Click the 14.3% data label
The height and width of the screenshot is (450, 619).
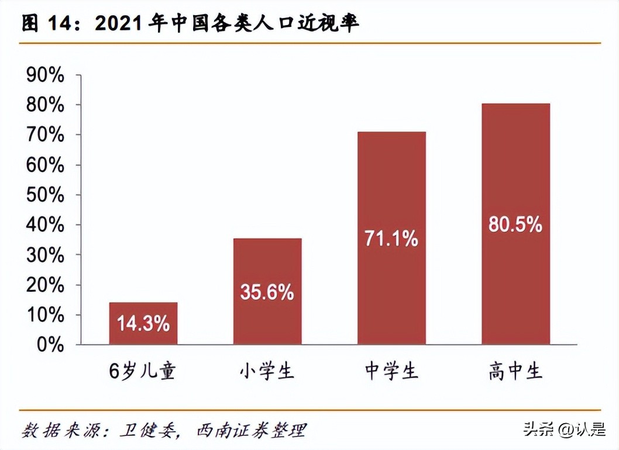[143, 323]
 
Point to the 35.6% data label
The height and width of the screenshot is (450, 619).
[267, 292]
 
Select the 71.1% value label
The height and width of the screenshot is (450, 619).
[391, 238]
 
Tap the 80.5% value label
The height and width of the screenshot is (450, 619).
[515, 224]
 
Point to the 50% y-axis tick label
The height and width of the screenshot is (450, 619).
[44, 195]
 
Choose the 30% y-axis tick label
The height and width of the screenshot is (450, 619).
[44, 255]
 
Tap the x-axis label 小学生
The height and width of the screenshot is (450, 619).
[267, 372]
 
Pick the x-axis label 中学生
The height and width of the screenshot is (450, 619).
[391, 372]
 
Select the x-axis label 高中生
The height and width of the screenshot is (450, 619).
[515, 372]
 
